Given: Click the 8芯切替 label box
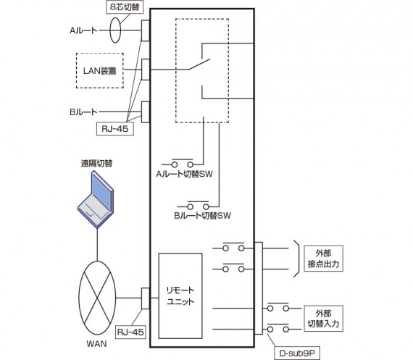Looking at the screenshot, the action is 125,7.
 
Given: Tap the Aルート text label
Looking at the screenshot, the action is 83,30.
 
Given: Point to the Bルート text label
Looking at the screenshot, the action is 83,112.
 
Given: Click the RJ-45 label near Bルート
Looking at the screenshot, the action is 115,129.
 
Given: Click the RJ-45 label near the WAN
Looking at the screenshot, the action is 130,332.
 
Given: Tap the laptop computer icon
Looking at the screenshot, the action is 96,199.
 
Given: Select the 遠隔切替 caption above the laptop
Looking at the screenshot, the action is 96,164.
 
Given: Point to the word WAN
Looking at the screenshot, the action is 96,344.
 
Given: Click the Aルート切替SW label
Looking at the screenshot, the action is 184,174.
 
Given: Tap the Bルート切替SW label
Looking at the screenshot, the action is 202,216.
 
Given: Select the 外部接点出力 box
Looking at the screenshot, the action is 323,259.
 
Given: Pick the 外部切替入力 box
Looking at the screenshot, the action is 323,319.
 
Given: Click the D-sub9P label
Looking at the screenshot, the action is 297,353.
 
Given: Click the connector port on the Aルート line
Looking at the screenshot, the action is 146,30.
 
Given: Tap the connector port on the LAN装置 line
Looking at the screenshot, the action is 146,70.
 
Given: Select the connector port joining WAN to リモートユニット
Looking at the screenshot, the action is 146,298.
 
